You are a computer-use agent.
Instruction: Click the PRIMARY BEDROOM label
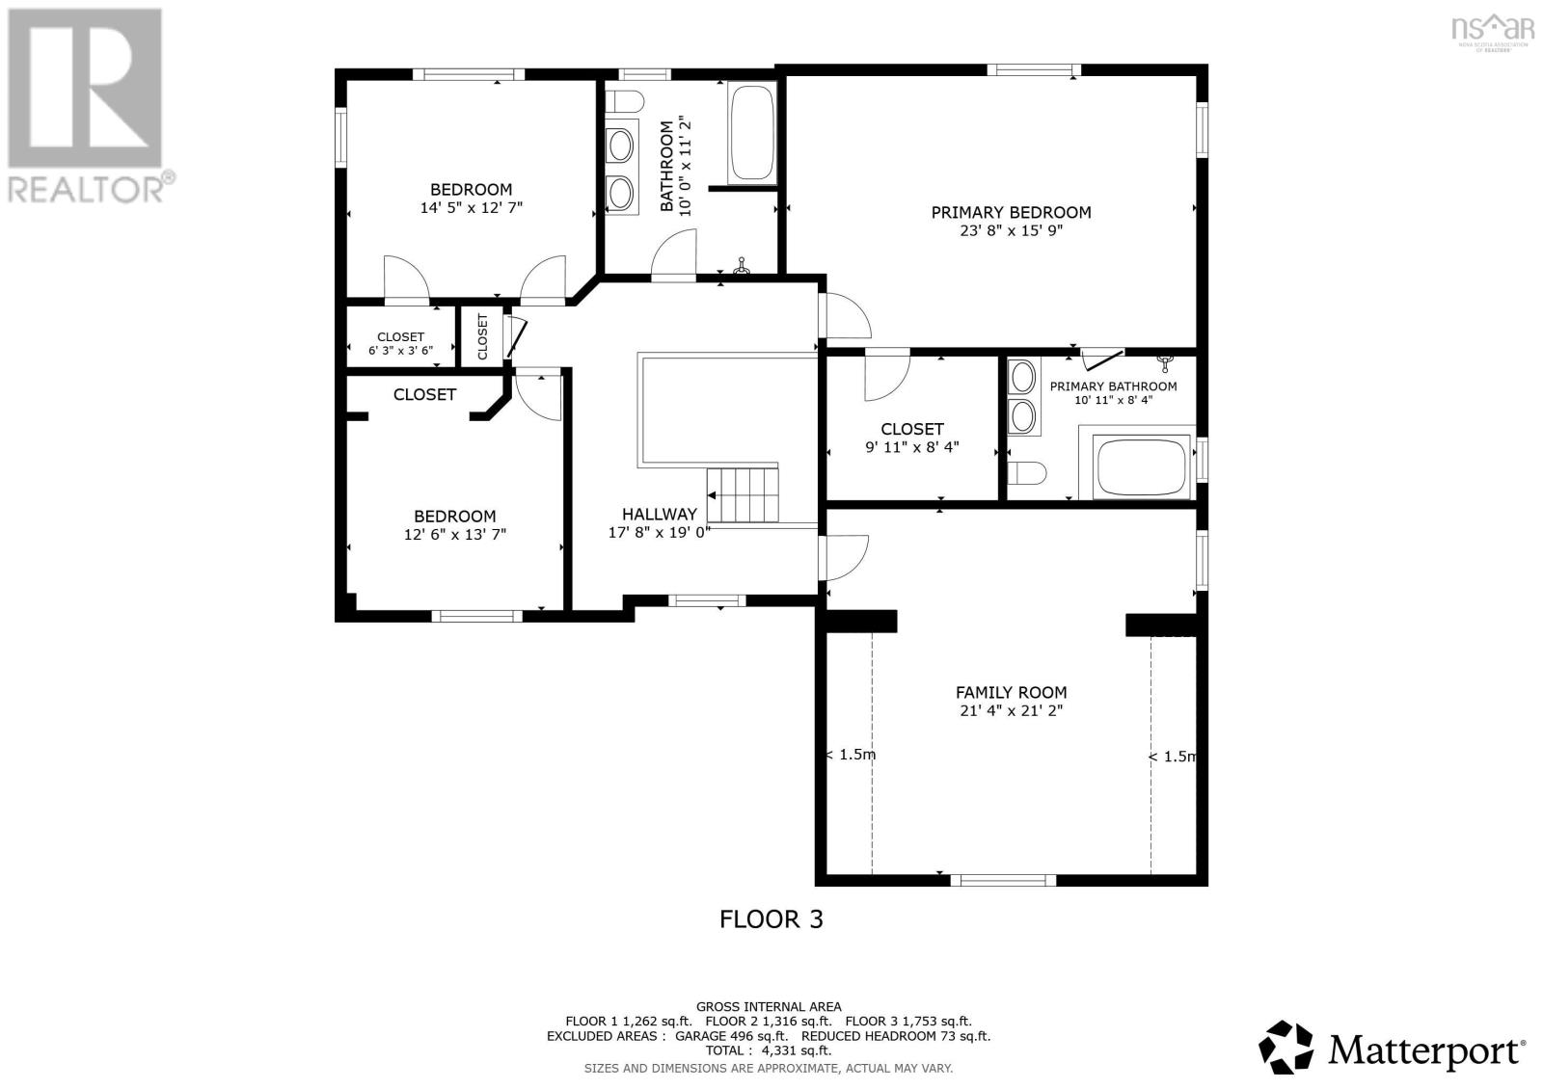point(1011,212)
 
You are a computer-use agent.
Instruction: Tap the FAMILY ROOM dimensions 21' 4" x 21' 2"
point(1011,711)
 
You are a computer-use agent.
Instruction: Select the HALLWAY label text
point(659,514)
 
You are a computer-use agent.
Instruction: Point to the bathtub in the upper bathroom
point(752,133)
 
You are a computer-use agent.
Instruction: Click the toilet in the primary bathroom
point(1027,473)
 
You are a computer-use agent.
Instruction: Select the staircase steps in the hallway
point(744,492)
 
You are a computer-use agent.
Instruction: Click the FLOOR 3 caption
point(771,918)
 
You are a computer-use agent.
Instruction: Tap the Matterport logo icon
point(1287,1048)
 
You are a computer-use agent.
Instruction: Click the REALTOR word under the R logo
point(87,188)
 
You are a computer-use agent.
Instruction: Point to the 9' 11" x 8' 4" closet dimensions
point(911,447)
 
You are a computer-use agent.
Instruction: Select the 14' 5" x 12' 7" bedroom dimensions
point(471,207)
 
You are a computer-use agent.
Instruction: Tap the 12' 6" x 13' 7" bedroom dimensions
point(454,534)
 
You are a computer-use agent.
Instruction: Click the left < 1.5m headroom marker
point(851,755)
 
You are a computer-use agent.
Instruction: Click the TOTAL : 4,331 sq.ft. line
point(768,1050)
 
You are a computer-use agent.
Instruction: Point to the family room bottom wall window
point(1003,879)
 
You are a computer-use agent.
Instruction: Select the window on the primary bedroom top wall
point(1033,69)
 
